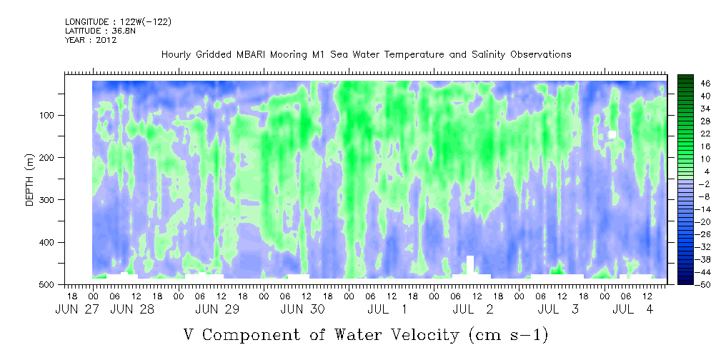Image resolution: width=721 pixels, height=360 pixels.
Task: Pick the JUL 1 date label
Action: tap(387, 310)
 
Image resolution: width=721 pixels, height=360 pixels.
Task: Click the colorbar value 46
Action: tap(693, 84)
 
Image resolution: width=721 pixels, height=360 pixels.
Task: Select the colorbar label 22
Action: tap(693, 136)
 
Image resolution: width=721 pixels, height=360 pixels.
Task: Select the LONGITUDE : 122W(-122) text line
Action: tap(119, 21)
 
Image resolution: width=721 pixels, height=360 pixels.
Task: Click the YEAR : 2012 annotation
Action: tap(91, 40)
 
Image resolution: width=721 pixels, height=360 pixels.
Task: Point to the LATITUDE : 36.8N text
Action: tap(101, 31)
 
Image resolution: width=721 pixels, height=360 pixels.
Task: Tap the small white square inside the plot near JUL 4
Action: tap(612, 134)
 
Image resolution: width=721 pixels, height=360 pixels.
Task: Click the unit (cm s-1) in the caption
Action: tap(509, 335)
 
